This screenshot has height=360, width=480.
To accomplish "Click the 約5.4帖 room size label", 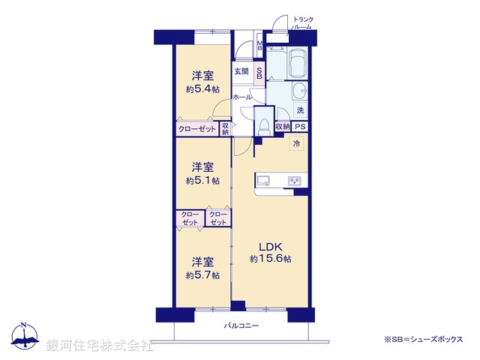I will (203, 89).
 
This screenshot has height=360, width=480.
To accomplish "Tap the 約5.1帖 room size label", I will (203, 180).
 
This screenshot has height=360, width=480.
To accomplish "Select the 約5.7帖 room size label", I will (203, 275).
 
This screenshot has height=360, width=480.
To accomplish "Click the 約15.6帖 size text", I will (270, 259).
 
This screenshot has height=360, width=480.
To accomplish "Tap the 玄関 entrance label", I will (241, 72).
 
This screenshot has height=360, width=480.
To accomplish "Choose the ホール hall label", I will (241, 97).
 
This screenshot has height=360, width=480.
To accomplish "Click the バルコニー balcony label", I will (241, 326).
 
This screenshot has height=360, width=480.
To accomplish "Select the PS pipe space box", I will (299, 127).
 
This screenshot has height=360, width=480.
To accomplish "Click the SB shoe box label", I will (259, 73).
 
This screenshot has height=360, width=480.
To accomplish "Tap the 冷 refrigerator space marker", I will (296, 143).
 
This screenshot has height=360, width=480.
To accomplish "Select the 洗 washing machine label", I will (300, 110).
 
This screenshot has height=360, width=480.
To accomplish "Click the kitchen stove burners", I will (294, 180).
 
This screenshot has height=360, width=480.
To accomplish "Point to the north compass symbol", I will (24, 337).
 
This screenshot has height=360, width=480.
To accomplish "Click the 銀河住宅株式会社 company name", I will (99, 346).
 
